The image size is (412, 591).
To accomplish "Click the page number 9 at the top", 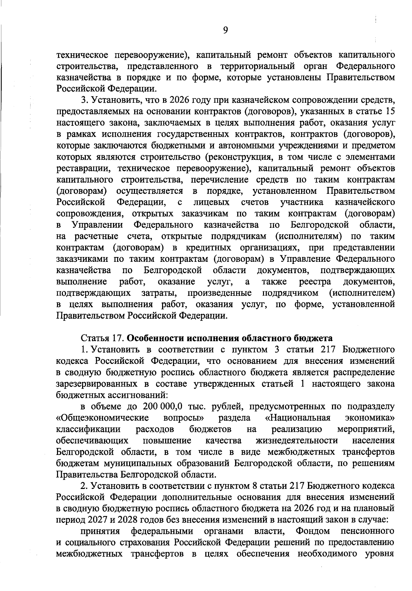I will (225, 30).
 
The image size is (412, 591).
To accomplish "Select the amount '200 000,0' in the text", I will (160, 406).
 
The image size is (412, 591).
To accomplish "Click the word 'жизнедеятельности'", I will (297, 440).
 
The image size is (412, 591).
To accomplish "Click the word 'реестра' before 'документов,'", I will (315, 282).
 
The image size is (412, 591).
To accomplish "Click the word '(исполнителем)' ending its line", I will (362, 293).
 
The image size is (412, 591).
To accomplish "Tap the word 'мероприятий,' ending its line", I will (366, 429).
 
